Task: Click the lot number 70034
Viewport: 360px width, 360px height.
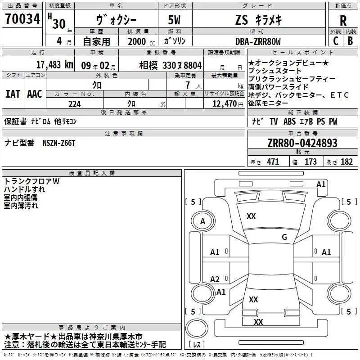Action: coord(22,19)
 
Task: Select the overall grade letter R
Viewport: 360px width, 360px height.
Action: coord(343,21)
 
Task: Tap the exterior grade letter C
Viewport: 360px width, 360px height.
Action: coord(336,41)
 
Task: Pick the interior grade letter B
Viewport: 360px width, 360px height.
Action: coord(350,41)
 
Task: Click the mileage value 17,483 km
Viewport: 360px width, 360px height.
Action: coord(54,65)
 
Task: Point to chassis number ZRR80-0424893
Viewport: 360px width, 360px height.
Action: coord(302,143)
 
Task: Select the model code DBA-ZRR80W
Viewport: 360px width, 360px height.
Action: coord(258,41)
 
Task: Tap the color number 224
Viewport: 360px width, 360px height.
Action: coord(75,104)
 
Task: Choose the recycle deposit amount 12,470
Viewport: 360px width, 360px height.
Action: coord(225,104)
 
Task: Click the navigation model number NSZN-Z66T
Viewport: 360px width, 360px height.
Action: coord(59,143)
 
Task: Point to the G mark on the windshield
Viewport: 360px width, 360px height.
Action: coord(284,237)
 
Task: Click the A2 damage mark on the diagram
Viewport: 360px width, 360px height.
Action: coord(215,279)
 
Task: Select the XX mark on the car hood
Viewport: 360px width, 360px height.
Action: coord(251,216)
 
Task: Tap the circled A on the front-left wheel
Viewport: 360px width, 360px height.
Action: coord(202,221)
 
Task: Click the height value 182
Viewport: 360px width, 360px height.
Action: coord(346,162)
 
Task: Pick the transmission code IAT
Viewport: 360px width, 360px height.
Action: coord(13,94)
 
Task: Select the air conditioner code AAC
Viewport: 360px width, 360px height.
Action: coord(35,94)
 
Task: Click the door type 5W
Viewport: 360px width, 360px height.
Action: coord(174,20)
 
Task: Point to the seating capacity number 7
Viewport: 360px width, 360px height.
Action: coord(188,85)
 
